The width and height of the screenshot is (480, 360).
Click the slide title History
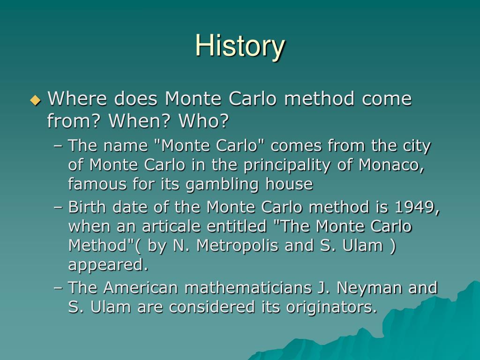pos(240,46)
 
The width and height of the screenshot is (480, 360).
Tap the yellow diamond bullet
pos(36,100)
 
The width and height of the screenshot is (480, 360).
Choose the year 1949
pos(417,207)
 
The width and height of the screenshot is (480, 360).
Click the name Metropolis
pos(238,246)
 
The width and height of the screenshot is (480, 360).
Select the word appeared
pos(108,265)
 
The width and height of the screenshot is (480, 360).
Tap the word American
pos(141,288)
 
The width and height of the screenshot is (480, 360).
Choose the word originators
pos(331,307)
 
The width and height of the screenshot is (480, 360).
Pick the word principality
pos(287,165)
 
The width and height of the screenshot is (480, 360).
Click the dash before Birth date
pos(58,208)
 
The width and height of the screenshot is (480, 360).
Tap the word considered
pos(211,307)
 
